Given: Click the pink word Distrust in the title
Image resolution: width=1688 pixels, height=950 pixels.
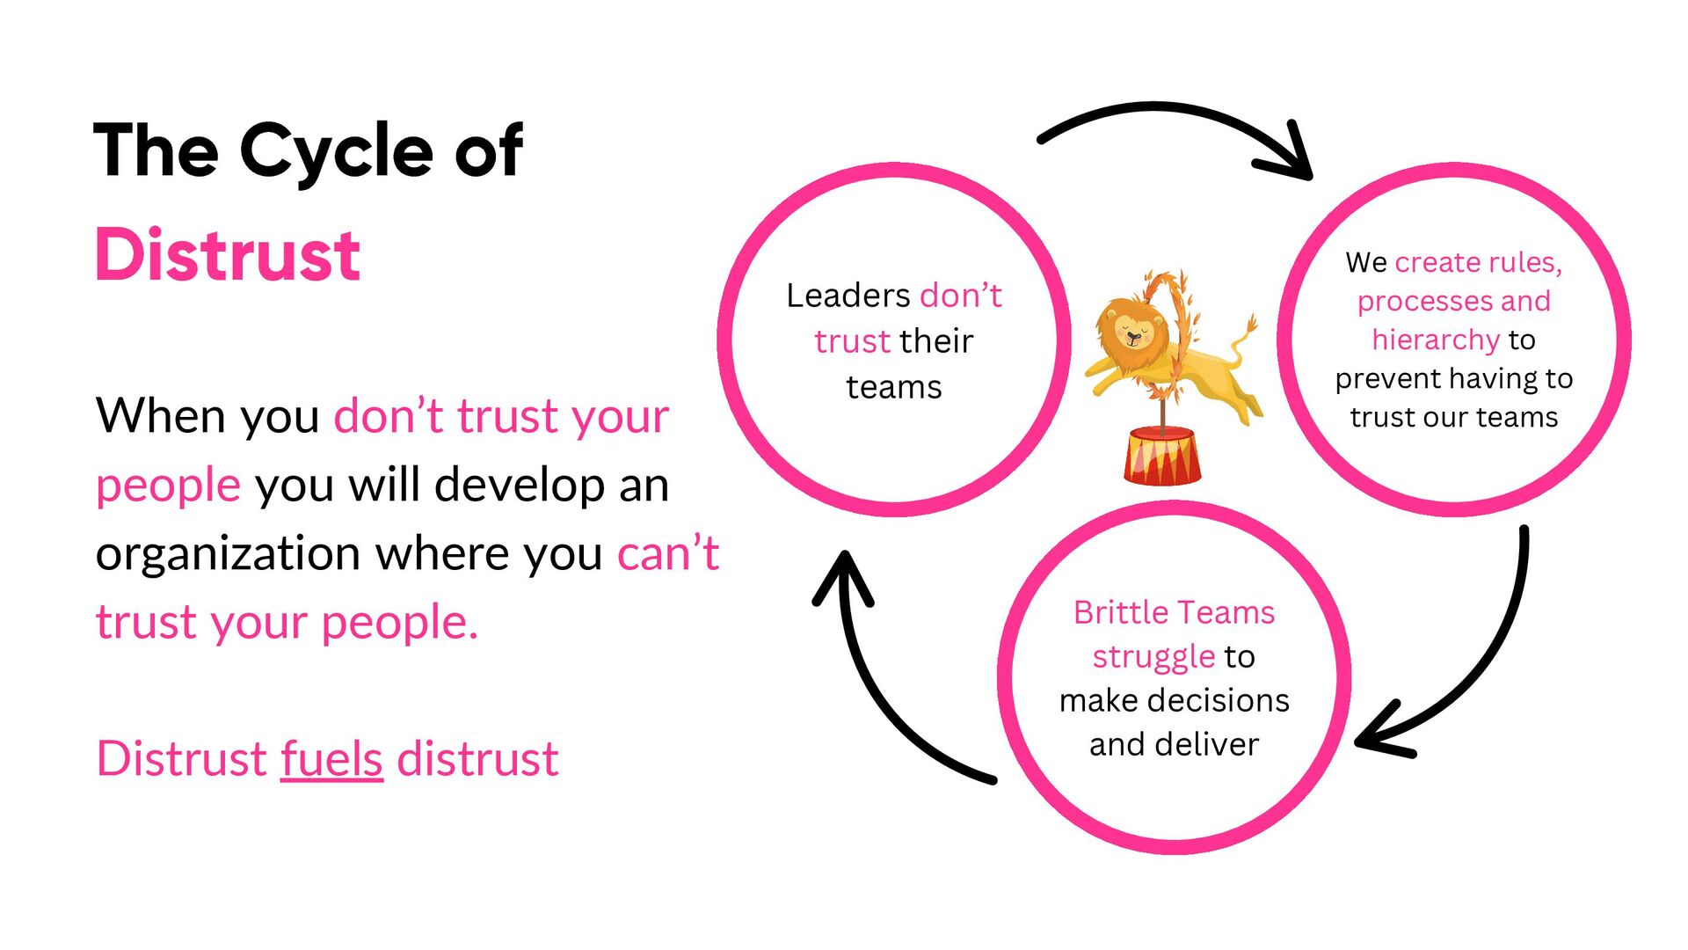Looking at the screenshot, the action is pyautogui.click(x=227, y=255).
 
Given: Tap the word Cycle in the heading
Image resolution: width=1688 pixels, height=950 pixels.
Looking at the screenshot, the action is pyautogui.click(x=336, y=151).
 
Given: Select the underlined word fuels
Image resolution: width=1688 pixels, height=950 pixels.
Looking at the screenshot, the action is pyautogui.click(x=331, y=758).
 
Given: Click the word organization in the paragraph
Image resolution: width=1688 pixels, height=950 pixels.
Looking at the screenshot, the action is pyautogui.click(x=228, y=553).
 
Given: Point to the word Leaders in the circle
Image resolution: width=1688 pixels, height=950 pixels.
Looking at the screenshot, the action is pyautogui.click(x=848, y=296).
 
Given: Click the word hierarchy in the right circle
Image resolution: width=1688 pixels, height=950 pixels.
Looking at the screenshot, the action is pyautogui.click(x=1435, y=340).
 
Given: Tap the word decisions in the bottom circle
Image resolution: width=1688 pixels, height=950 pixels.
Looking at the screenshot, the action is pyautogui.click(x=1214, y=700).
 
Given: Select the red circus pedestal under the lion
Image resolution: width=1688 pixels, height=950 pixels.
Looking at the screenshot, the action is pyautogui.click(x=1161, y=455).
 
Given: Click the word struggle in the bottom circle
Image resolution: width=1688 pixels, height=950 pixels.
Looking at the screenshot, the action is pyautogui.click(x=1153, y=656).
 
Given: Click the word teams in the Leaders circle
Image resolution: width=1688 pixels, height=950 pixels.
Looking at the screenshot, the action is pyautogui.click(x=893, y=387).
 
